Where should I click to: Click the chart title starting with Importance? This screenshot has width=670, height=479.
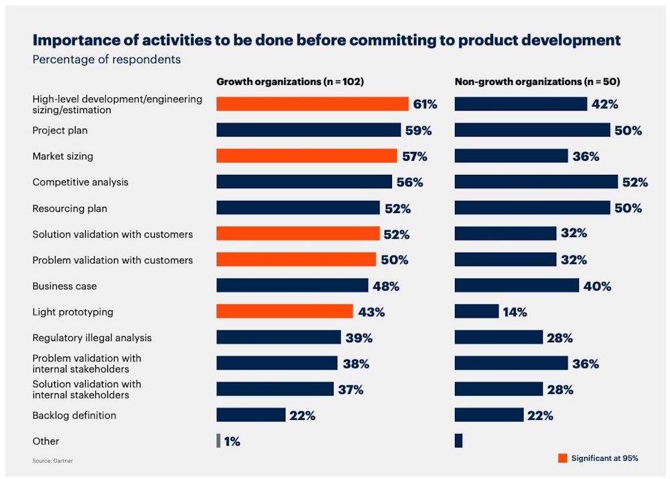pyautogui.click(x=326, y=40)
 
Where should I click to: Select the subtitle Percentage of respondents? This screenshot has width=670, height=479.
pyautogui.click(x=107, y=60)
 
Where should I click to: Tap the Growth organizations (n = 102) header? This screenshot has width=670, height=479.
pyautogui.click(x=289, y=82)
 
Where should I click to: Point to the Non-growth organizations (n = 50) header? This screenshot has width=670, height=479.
pyautogui.click(x=537, y=82)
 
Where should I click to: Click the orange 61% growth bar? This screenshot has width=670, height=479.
pyautogui.click(x=312, y=104)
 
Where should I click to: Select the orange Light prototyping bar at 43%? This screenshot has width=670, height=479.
pyautogui.click(x=284, y=312)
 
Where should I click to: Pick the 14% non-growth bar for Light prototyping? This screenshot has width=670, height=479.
pyautogui.click(x=476, y=312)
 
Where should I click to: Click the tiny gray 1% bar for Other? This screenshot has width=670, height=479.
pyautogui.click(x=218, y=441)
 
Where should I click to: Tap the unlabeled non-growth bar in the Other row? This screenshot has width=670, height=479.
pyautogui.click(x=458, y=441)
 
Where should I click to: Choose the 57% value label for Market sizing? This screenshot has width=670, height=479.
pyautogui.click(x=414, y=156)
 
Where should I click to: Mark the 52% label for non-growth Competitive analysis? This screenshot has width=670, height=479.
pyautogui.click(x=634, y=182)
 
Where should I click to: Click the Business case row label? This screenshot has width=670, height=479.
pyautogui.click(x=64, y=286)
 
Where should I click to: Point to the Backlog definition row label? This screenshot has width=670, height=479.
pyautogui.click(x=74, y=415)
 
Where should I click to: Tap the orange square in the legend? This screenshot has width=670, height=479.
pyautogui.click(x=561, y=458)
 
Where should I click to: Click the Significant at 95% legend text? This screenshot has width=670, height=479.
pyautogui.click(x=604, y=458)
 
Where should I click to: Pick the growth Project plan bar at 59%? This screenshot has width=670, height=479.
pyautogui.click(x=308, y=130)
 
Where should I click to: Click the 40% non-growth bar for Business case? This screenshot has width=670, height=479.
pyautogui.click(x=517, y=285)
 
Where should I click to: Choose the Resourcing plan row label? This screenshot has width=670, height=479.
pyautogui.click(x=70, y=208)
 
